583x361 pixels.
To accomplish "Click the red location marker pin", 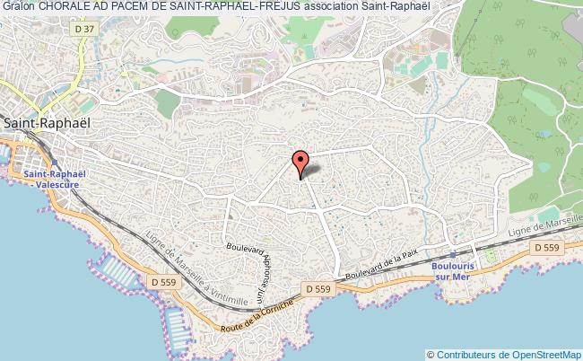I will pyautogui.click(x=300, y=163).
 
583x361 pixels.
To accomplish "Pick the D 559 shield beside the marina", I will pyautogui.click(x=166, y=282).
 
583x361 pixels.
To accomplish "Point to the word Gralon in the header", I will pyautogui.click(x=18, y=7).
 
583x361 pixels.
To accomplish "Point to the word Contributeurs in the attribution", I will pyautogui.click(x=471, y=354).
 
